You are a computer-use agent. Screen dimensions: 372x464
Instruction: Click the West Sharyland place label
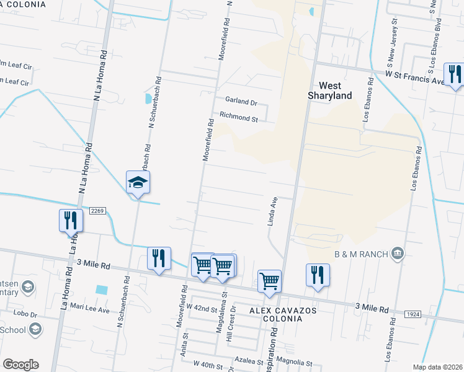tap(330, 91)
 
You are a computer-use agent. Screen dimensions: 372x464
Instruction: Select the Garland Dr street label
tap(241, 101)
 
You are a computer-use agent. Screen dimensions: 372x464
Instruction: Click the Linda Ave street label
tap(272, 212)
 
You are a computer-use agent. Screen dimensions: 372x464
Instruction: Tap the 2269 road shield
tap(97, 211)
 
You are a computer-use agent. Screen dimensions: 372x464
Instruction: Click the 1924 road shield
tap(414, 315)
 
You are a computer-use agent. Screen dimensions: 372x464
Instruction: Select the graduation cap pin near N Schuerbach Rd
tap(138, 182)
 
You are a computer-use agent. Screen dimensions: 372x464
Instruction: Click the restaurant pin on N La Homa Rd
tap(71, 221)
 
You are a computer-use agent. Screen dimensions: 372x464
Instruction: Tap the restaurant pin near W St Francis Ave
tap(455, 74)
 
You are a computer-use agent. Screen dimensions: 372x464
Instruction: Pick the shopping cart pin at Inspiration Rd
tap(269, 281)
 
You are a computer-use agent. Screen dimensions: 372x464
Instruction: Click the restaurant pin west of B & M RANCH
tap(318, 275)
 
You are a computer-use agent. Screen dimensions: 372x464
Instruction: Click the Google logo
tap(20, 365)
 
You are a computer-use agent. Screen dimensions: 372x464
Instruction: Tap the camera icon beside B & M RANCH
tap(398, 253)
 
